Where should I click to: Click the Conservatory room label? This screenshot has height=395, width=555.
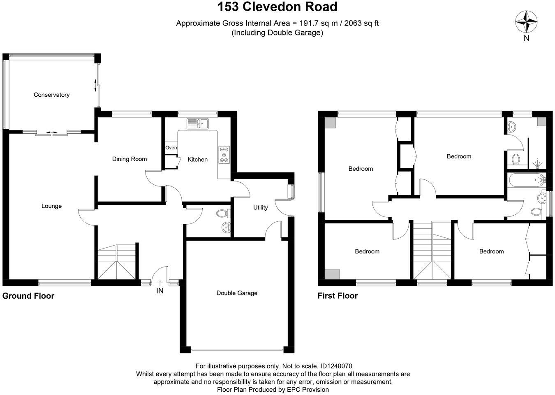pyautogui.click(x=51, y=95)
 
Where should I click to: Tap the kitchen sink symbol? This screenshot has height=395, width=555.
pyautogui.click(x=198, y=123)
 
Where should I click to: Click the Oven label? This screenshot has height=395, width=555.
pyautogui.click(x=171, y=148)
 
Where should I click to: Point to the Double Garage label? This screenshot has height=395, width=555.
pyautogui.click(x=237, y=293)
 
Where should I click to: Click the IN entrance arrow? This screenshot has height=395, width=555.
pyautogui.click(x=160, y=283)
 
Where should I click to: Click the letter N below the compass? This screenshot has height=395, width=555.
pyautogui.click(x=526, y=39)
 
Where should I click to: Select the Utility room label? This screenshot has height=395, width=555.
pyautogui.click(x=260, y=207)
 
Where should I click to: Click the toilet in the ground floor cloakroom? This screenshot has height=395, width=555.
pyautogui.click(x=222, y=214)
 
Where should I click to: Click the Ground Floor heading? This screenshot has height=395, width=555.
pyautogui.click(x=28, y=296)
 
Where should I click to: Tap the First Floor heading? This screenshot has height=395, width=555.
pyautogui.click(x=338, y=296)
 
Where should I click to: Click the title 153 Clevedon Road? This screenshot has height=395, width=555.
pyautogui.click(x=277, y=7)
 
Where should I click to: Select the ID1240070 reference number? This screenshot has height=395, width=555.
pyautogui.click(x=336, y=366)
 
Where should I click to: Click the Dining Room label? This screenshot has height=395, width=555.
pyautogui.click(x=129, y=159)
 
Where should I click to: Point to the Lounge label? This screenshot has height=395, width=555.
pyautogui.click(x=51, y=206)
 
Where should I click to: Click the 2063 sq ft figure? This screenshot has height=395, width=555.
pyautogui.click(x=361, y=23)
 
